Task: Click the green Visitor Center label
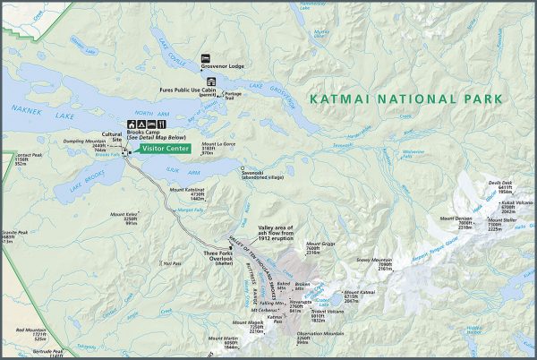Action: click(x=165, y=149)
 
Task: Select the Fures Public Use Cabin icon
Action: click(x=211, y=81)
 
